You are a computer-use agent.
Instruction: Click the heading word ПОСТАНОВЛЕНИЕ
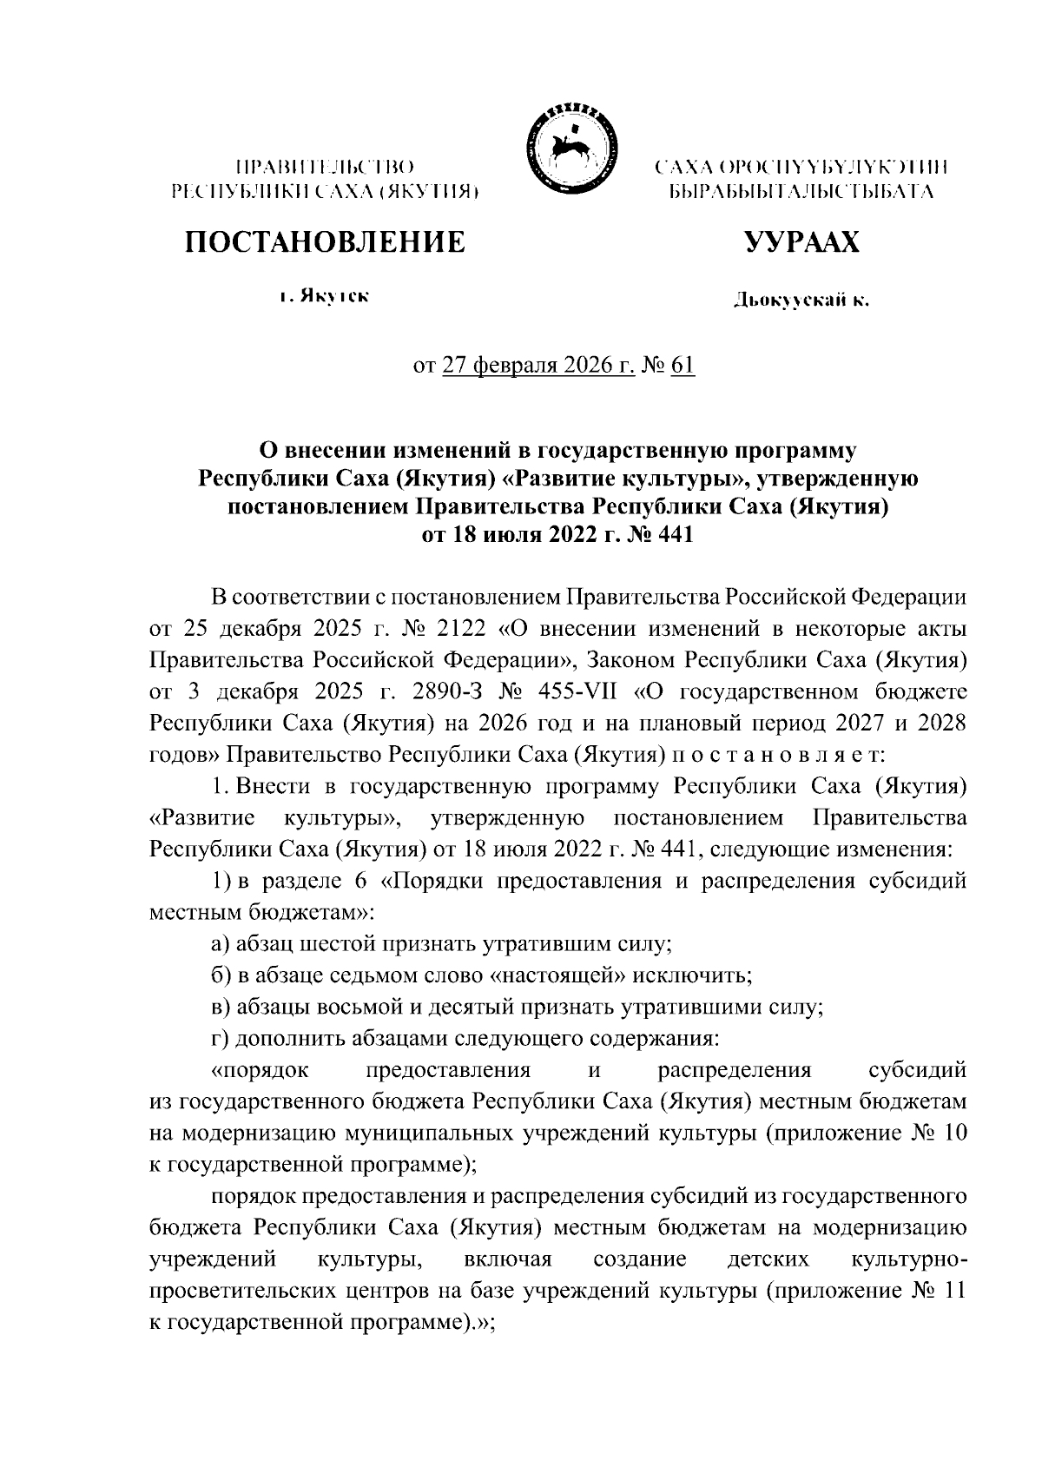pyautogui.click(x=324, y=241)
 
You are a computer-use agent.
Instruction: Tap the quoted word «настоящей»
pyautogui.click(x=559, y=975)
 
